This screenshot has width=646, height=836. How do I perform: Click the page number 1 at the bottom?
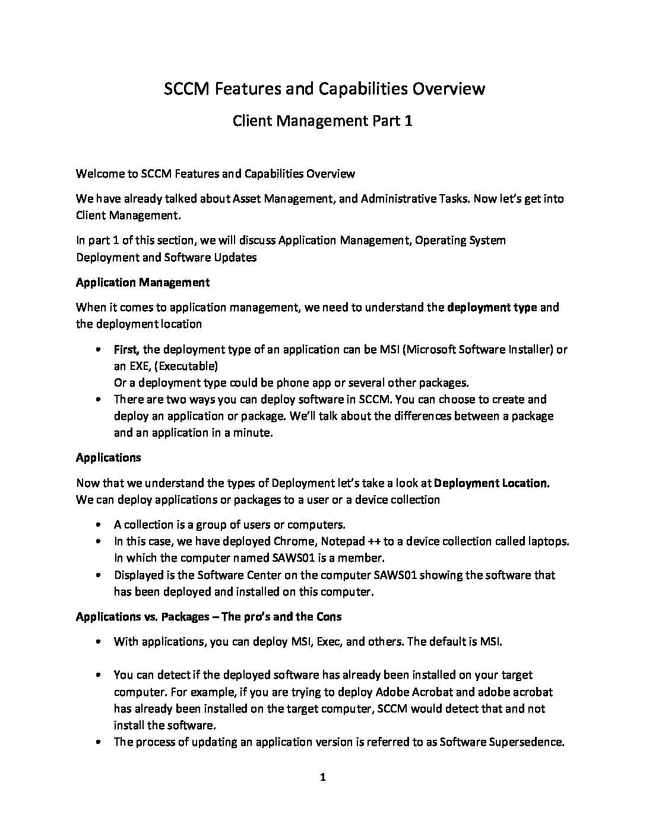click(322, 777)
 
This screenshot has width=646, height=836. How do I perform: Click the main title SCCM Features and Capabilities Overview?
click(324, 89)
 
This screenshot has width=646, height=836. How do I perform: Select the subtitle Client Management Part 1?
click(322, 121)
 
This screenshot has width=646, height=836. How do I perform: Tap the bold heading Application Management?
click(142, 282)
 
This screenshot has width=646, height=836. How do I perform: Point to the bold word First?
click(126, 349)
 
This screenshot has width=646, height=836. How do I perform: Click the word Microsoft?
click(432, 349)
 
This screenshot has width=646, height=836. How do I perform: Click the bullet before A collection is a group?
click(98, 525)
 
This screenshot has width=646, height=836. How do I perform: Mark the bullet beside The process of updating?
click(98, 742)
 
